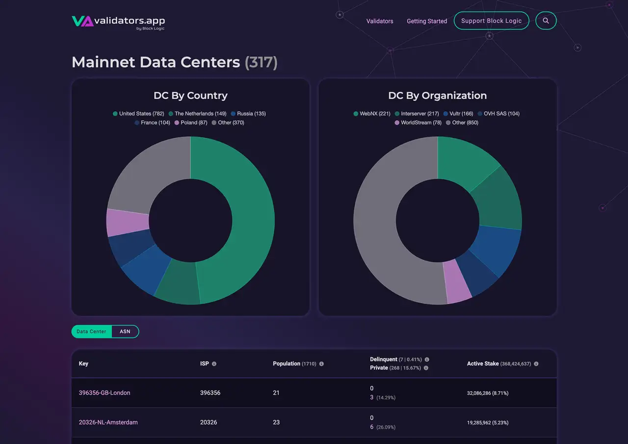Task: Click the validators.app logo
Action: (x=118, y=21)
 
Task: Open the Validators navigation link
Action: (x=380, y=21)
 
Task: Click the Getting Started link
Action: (x=426, y=21)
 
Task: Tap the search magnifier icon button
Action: (x=546, y=21)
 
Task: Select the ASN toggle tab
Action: (x=125, y=332)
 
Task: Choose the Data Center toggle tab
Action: (x=92, y=332)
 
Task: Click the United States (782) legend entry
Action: (x=138, y=114)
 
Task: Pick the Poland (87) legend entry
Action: (x=192, y=123)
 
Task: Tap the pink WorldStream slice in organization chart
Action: (x=458, y=282)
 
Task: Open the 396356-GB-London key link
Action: (x=105, y=393)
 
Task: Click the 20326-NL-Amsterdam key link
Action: (x=108, y=422)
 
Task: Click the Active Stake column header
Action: (x=482, y=364)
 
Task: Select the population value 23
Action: (x=276, y=422)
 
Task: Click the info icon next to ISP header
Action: (x=214, y=364)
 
